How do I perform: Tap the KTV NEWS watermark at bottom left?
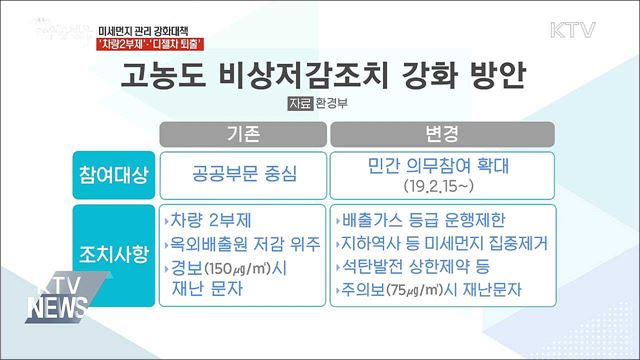[x=50, y=319]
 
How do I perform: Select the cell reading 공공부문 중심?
[x=239, y=174]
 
